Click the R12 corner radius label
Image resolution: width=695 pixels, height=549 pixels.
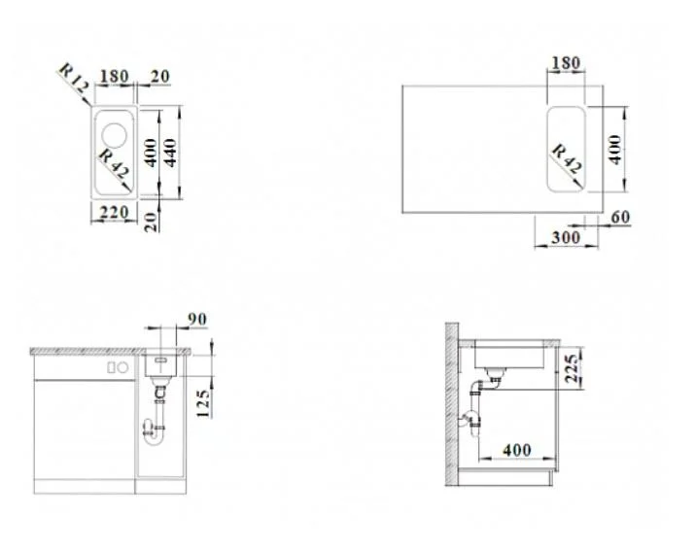[74, 79]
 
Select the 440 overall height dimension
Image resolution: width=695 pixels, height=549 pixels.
[170, 153]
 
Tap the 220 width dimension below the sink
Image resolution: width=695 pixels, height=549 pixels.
[114, 213]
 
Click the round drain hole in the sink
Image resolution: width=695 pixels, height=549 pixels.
[115, 135]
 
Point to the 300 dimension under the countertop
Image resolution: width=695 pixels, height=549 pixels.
[566, 238]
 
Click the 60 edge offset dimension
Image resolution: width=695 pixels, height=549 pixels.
[620, 217]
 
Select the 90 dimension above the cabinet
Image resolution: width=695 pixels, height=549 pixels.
[196, 319]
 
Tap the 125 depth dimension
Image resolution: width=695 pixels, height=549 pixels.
[203, 403]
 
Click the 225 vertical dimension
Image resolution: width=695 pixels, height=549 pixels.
[572, 368]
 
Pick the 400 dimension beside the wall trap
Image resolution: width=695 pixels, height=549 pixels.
[517, 451]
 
